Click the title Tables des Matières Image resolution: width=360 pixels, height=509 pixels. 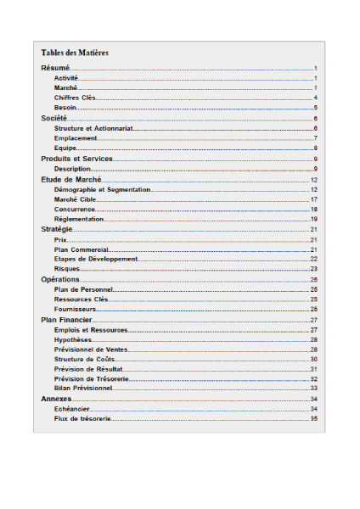click(75, 53)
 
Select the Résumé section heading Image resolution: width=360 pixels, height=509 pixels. click(55, 67)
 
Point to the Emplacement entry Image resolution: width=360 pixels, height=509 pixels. click(76, 138)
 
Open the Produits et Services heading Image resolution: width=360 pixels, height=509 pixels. click(77, 159)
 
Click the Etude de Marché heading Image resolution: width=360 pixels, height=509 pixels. click(71, 179)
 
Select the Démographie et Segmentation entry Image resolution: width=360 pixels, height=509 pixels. click(102, 189)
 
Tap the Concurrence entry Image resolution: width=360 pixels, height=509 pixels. click(75, 209)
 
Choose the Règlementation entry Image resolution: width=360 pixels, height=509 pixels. click(79, 219)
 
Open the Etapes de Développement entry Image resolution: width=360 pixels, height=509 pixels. click(95, 259)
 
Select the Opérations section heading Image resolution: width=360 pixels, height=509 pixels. click(60, 279)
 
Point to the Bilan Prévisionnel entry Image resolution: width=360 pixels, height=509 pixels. click(83, 388)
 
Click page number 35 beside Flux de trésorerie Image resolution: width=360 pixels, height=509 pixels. click(313, 418)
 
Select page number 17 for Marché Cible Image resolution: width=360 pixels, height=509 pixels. click(313, 199)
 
